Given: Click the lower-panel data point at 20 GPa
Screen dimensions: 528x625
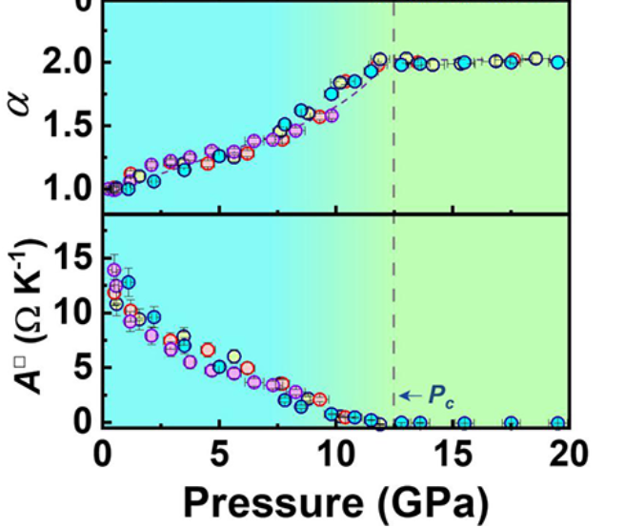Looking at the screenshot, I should [558, 422].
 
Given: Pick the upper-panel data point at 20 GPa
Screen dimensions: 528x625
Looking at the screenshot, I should [558, 62].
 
